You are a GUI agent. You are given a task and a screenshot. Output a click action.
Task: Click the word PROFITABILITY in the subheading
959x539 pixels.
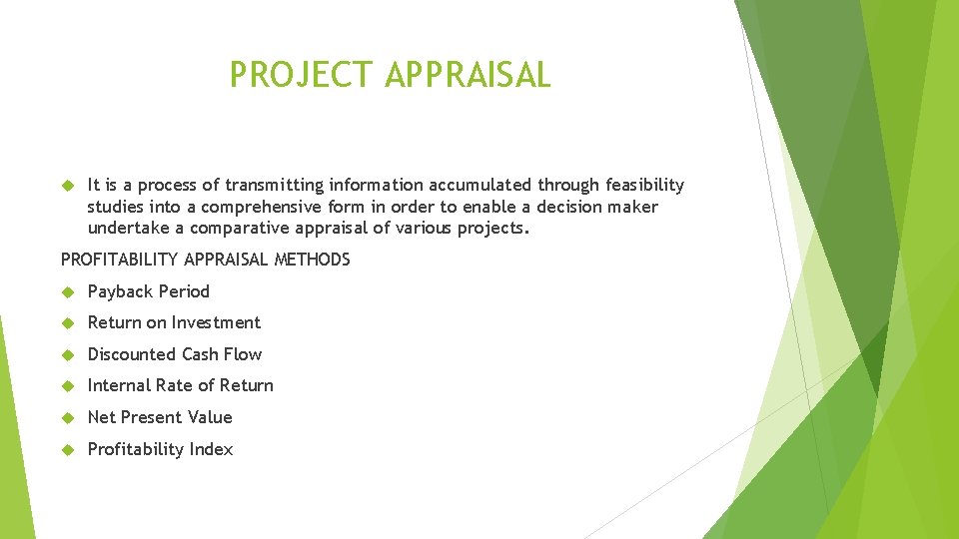pos(112,260)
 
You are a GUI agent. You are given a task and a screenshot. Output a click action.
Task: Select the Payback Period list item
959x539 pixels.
pos(148,291)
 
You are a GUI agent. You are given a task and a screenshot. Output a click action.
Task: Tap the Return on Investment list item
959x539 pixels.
pos(174,322)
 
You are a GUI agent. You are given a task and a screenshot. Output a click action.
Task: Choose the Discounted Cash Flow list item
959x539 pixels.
pos(175,354)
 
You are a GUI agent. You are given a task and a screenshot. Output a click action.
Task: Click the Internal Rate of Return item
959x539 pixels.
pos(180,385)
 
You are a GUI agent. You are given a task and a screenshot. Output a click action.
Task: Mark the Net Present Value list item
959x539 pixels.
pos(160,417)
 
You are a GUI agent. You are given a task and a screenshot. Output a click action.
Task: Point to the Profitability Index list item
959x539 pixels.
pos(160,449)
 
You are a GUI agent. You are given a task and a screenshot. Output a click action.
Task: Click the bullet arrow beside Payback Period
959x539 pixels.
pos(68,291)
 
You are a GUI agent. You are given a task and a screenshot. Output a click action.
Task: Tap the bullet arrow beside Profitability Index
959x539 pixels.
pos(68,449)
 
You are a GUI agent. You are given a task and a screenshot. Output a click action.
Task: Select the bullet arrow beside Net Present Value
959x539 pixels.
pos(68,417)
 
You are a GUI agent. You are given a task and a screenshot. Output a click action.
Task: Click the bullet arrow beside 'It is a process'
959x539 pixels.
pos(68,185)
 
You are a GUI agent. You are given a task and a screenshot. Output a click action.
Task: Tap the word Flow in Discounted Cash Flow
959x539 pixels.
pos(244,354)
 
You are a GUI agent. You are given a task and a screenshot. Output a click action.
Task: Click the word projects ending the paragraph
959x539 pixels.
pos(491,228)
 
